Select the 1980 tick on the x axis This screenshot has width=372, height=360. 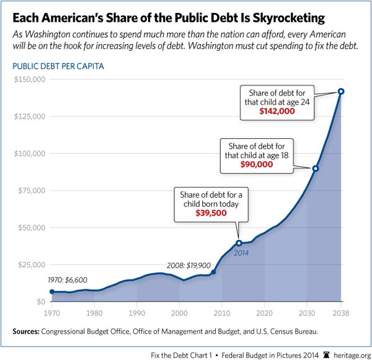[x=94, y=312]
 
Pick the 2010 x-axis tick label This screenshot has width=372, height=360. [x=222, y=312]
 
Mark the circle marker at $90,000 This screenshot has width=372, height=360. [x=315, y=169]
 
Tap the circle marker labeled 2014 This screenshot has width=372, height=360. [x=239, y=243]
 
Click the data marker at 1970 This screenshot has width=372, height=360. [x=52, y=292]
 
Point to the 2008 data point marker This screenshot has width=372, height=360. [x=213, y=272]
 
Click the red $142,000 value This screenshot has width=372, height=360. [x=277, y=114]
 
